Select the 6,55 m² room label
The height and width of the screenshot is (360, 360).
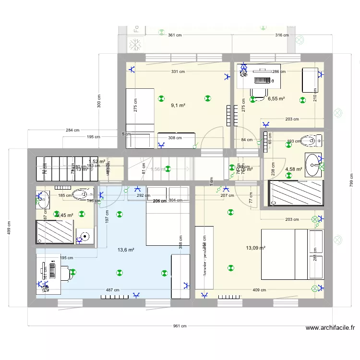click(276, 99)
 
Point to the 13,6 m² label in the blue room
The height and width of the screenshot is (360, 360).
click(126, 250)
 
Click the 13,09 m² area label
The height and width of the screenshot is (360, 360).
click(255, 248)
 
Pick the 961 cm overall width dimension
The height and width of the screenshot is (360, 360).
click(180, 326)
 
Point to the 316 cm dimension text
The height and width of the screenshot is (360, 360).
click(282, 35)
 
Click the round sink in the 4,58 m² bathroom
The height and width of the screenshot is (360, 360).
click(313, 164)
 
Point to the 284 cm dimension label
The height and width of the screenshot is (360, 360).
click(72, 130)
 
